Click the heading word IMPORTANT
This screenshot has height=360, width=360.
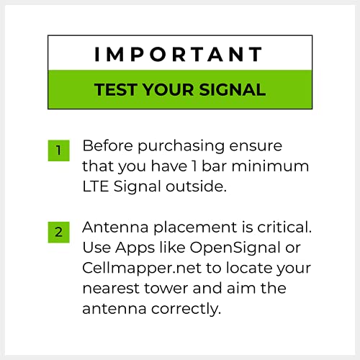(x=179, y=54)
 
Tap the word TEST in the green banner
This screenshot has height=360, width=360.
(x=116, y=90)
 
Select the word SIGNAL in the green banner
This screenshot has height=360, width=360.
(x=233, y=90)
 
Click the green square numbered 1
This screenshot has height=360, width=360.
(x=58, y=150)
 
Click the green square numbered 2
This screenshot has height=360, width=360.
(x=58, y=232)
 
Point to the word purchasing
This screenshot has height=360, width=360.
(x=181, y=146)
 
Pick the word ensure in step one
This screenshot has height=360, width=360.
(x=256, y=146)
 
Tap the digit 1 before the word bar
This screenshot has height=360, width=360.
(x=194, y=166)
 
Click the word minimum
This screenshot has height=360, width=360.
(x=270, y=166)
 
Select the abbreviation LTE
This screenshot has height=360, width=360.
(x=95, y=186)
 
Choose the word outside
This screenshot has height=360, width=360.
(x=197, y=186)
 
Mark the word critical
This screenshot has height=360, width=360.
(x=284, y=227)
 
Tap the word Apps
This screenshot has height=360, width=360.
(x=135, y=248)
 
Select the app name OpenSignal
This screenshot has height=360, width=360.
(x=235, y=248)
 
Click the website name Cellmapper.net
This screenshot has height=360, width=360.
(x=142, y=269)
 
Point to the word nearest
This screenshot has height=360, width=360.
(x=111, y=289)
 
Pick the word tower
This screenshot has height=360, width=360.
(x=166, y=289)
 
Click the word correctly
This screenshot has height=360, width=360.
(x=186, y=310)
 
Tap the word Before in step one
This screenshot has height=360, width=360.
(x=107, y=145)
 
